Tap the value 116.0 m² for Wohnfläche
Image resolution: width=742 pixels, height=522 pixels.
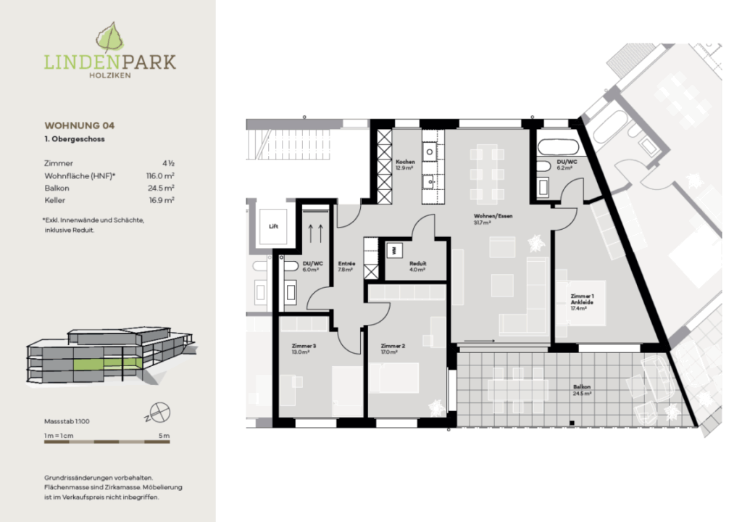161,175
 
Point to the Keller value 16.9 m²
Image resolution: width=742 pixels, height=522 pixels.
163,199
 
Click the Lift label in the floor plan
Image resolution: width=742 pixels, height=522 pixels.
273,226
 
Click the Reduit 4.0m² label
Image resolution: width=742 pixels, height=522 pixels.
417,266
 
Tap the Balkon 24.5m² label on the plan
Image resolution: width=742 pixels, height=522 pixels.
583,391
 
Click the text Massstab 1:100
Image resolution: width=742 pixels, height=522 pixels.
67,420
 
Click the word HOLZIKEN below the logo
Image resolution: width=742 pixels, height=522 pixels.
109,75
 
